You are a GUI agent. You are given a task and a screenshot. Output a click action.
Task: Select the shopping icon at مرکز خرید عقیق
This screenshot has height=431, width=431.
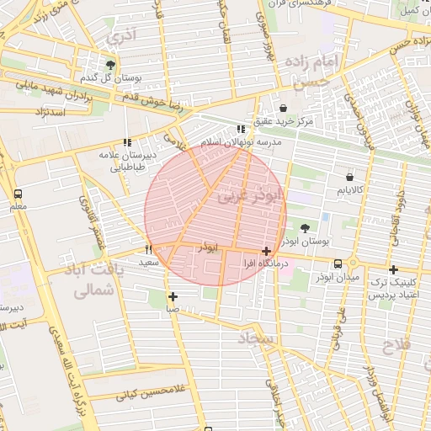click(x=283, y=108)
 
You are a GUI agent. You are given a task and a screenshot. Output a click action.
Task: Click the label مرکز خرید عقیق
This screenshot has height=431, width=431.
click(x=284, y=122)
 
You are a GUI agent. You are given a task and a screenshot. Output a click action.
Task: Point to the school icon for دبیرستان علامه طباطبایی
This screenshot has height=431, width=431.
click(x=127, y=143)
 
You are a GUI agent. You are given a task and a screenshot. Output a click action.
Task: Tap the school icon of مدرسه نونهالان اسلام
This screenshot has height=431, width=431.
click(x=242, y=130)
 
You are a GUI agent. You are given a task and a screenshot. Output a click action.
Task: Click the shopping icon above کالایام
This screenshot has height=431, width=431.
click(x=349, y=178)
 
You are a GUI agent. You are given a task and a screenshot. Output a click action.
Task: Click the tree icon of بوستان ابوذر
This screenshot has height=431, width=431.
click(x=304, y=227)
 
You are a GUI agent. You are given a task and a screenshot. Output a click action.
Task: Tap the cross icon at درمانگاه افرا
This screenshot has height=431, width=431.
click(x=266, y=251)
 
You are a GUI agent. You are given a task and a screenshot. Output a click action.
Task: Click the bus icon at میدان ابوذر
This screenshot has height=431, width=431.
click(x=338, y=263)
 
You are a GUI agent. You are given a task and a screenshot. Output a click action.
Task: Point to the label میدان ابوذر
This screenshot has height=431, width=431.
click(x=338, y=276)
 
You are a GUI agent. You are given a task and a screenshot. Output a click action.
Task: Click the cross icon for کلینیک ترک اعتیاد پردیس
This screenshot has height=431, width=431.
click(x=393, y=269)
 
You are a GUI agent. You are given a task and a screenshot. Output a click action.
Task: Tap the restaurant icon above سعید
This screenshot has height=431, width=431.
click(x=149, y=249)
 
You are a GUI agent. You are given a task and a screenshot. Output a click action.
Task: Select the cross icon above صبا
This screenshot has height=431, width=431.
click(x=173, y=296)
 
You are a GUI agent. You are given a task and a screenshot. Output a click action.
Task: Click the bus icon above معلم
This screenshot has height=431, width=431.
click(x=18, y=193)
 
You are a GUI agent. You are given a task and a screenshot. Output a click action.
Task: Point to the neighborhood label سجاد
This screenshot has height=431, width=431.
click(x=257, y=338)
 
